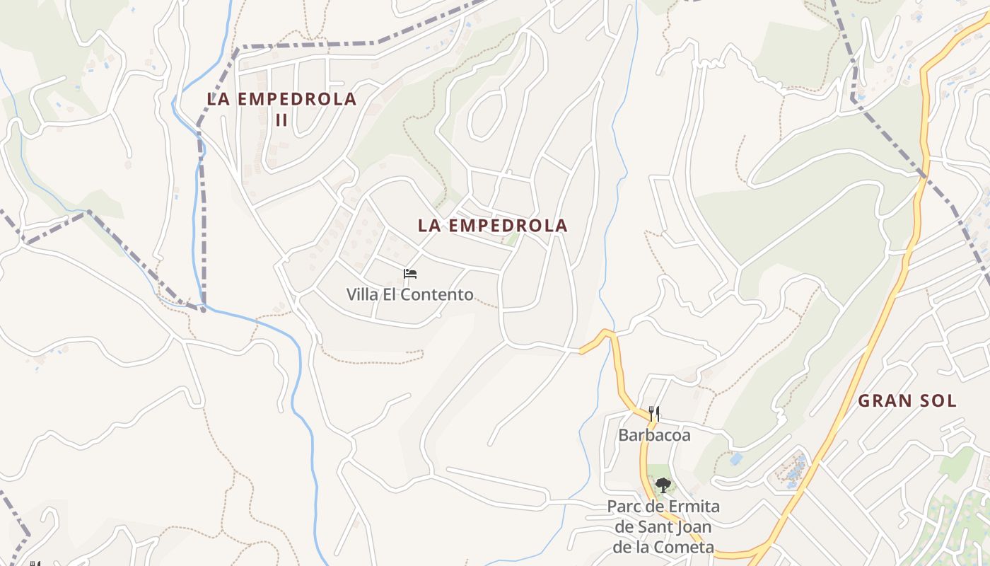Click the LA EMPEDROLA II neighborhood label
tap(281, 100)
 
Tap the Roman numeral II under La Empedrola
tap(281, 120)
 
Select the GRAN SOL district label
tap(907, 401)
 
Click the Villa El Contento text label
tap(409, 294)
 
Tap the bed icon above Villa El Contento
tap(410, 274)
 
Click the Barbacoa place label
tap(654, 435)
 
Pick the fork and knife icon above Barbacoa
tap(654, 414)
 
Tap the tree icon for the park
tap(663, 485)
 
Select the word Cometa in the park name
tap(690, 548)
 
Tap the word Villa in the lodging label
tap(362, 294)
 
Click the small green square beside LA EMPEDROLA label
tap(511, 240)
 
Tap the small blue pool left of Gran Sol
tap(736, 458)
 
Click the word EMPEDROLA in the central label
tap(508, 226)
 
